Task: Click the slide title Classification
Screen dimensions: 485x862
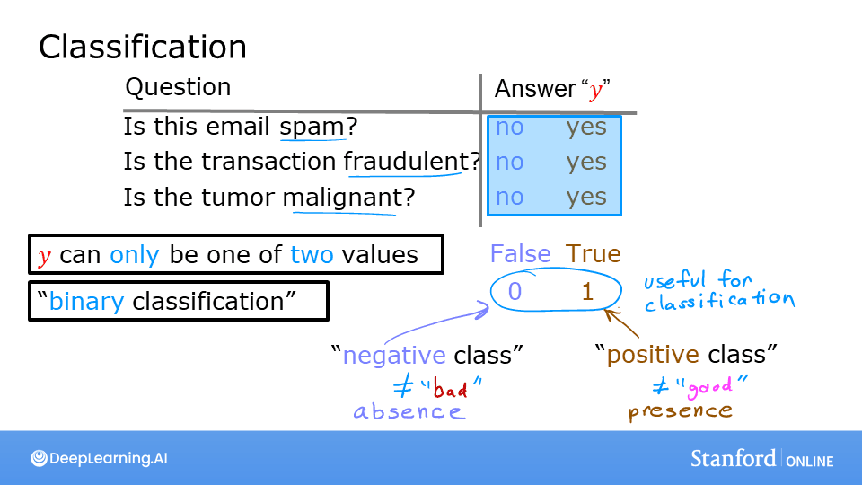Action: pyautogui.click(x=142, y=47)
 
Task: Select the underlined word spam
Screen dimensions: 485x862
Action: pyautogui.click(x=312, y=128)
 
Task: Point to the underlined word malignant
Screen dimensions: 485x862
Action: pyautogui.click(x=342, y=197)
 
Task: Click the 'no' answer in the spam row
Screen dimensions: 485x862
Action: pyautogui.click(x=509, y=128)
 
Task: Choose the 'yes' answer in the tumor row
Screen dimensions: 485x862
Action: pyautogui.click(x=586, y=197)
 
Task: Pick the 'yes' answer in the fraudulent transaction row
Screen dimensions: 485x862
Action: pyautogui.click(x=586, y=162)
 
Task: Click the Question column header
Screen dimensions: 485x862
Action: pyautogui.click(x=178, y=87)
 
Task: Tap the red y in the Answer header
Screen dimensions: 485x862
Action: pyautogui.click(x=595, y=91)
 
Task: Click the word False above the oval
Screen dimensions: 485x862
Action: pyautogui.click(x=520, y=254)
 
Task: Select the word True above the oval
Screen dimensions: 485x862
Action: pyautogui.click(x=592, y=254)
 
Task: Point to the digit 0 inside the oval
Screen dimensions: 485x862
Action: pyautogui.click(x=515, y=291)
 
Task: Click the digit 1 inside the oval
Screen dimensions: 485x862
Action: pyautogui.click(x=587, y=291)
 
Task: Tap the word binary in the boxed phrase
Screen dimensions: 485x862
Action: pyautogui.click(x=86, y=301)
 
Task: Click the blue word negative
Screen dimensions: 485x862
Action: pyautogui.click(x=394, y=356)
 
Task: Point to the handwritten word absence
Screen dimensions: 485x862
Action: pyautogui.click(x=409, y=412)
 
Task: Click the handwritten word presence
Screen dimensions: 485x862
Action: pyautogui.click(x=680, y=411)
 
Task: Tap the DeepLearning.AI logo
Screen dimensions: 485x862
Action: pyautogui.click(x=99, y=458)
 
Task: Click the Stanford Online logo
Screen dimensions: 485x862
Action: pyautogui.click(x=761, y=458)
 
